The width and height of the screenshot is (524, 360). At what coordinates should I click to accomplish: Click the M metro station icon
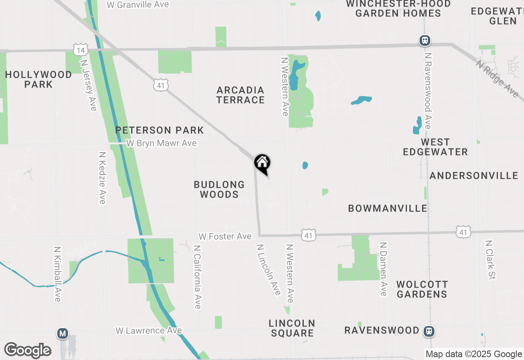coord(63,334)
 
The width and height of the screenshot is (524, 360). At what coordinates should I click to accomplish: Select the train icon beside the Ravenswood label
coord(429,331)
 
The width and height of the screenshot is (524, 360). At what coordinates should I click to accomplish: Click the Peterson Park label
coord(159,130)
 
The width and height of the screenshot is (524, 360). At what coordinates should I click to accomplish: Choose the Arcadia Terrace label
coord(240,95)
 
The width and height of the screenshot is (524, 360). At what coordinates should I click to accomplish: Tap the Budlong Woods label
coord(219,189)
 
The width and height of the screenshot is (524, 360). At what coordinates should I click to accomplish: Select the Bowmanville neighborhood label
coord(387,208)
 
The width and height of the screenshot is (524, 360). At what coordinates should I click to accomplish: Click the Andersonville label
coord(474,175)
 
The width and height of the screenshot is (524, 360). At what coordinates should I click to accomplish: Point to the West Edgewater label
coord(435,147)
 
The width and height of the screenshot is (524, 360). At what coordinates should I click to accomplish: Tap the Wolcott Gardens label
coord(422,289)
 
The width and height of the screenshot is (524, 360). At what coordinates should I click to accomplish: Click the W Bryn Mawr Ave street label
coord(161,144)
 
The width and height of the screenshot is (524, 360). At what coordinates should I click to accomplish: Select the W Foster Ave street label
coord(225,236)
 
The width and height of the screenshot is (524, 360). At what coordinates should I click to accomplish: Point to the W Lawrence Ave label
coord(149,331)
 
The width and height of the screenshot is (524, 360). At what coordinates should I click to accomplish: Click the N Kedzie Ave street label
coord(102,178)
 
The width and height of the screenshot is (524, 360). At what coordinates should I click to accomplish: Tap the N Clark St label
coord(490,260)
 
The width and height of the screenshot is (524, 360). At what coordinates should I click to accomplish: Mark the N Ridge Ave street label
coord(497,79)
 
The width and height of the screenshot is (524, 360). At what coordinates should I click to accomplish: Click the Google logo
coord(28,350)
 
